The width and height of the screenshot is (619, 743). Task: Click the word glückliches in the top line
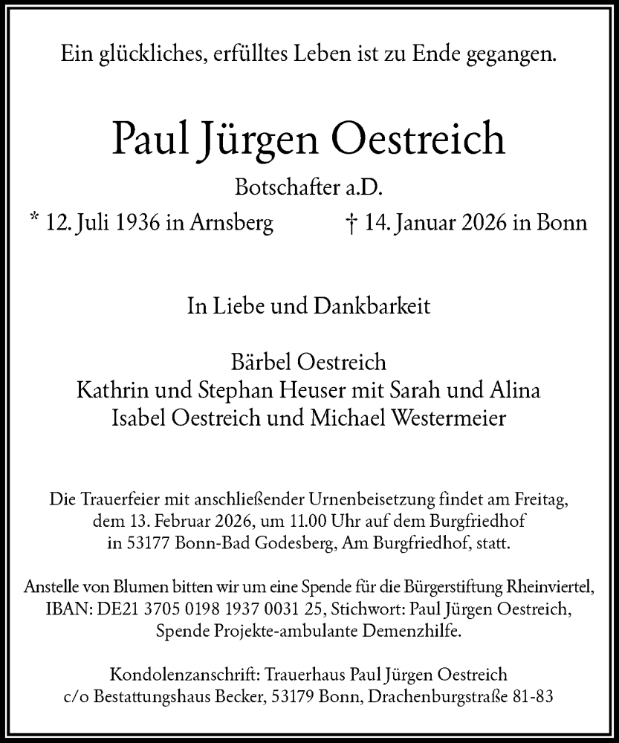146,53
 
